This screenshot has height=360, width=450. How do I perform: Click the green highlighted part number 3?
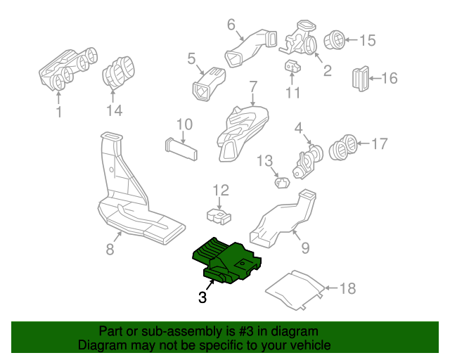[x=226, y=260]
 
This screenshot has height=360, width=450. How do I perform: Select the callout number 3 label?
[x=202, y=297]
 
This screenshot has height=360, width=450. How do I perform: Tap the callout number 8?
[x=110, y=248]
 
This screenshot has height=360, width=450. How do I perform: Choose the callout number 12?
[x=221, y=190]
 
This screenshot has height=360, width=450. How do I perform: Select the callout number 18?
[x=347, y=288]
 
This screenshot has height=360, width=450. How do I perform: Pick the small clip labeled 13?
[x=283, y=183]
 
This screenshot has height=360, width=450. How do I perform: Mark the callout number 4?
[x=298, y=128]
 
